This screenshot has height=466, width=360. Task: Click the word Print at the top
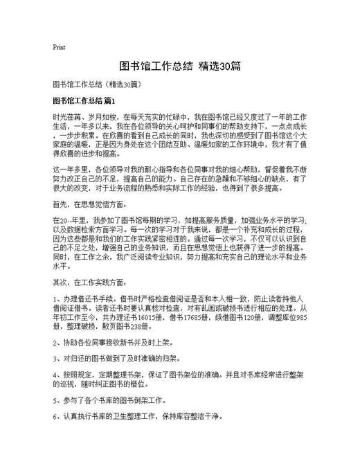point(59,48)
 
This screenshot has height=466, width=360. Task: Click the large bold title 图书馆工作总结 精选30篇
point(179,66)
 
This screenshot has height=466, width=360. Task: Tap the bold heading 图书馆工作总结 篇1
point(87,101)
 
